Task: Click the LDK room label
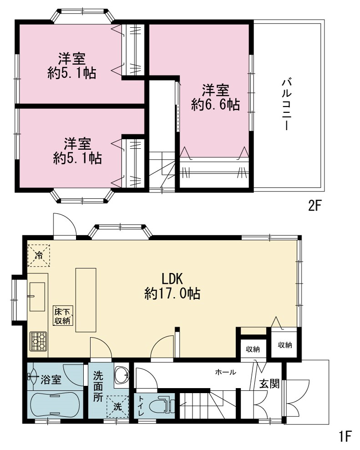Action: click(x=172, y=278)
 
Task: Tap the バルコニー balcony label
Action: click(x=287, y=105)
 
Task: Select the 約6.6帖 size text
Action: click(x=216, y=105)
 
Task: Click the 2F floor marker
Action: click(x=314, y=206)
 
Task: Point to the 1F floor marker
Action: click(x=345, y=436)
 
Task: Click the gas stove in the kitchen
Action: click(x=39, y=341)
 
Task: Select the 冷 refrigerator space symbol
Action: click(x=39, y=256)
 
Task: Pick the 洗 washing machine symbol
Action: click(x=118, y=406)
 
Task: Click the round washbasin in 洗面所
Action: click(x=122, y=375)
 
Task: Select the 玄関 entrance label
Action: click(x=269, y=384)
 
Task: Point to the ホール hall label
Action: click(x=226, y=372)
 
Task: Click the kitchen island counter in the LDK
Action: click(x=86, y=300)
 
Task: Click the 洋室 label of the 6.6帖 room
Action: click(x=216, y=91)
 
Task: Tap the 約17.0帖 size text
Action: click(x=172, y=293)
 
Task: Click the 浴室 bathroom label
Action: click(x=51, y=380)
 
